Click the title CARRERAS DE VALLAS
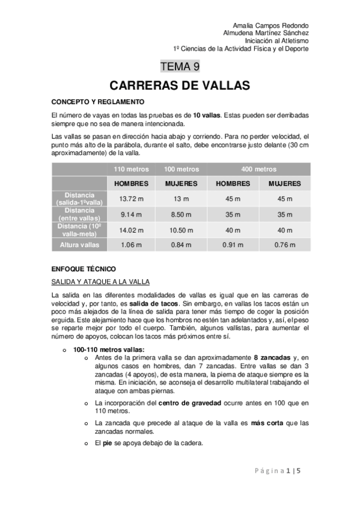(180, 85)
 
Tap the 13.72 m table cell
(131, 198)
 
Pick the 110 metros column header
(131, 169)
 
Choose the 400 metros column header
(258, 169)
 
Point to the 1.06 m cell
(131, 245)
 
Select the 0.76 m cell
(284, 245)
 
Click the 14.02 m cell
(131, 229)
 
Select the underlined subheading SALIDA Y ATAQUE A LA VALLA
(100, 281)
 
